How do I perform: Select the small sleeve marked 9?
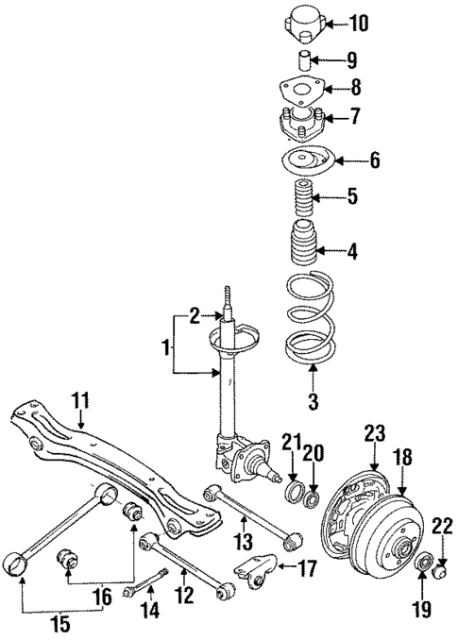coord(305,62)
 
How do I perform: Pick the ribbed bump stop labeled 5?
coord(304,197)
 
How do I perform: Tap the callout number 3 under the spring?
coord(313,402)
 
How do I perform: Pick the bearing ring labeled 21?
coord(293,490)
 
